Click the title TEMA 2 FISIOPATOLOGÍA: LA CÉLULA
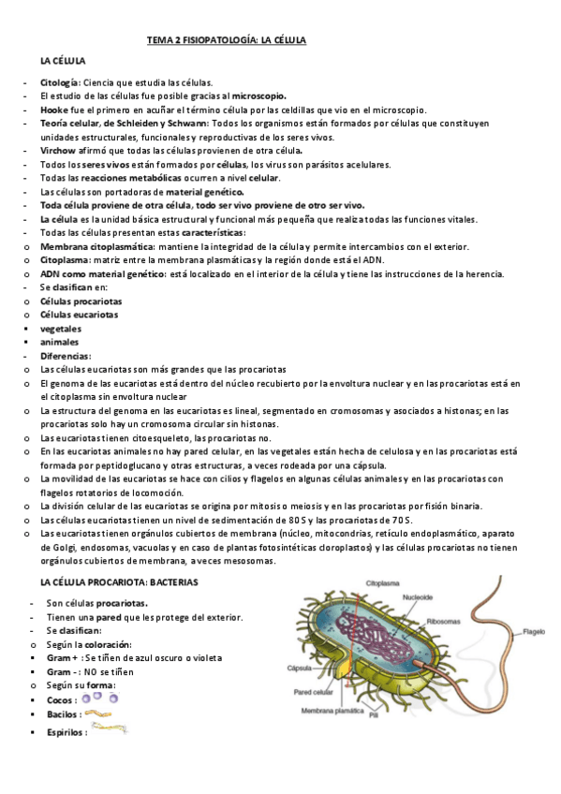[227, 40]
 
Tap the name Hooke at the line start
[53, 110]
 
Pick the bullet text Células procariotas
[80, 301]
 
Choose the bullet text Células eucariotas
[79, 315]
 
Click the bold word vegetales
[60, 329]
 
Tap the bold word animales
[59, 342]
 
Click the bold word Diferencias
[65, 356]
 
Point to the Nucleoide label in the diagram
[418, 596]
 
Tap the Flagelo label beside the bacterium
[534, 631]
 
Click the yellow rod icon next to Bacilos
[98, 713]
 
